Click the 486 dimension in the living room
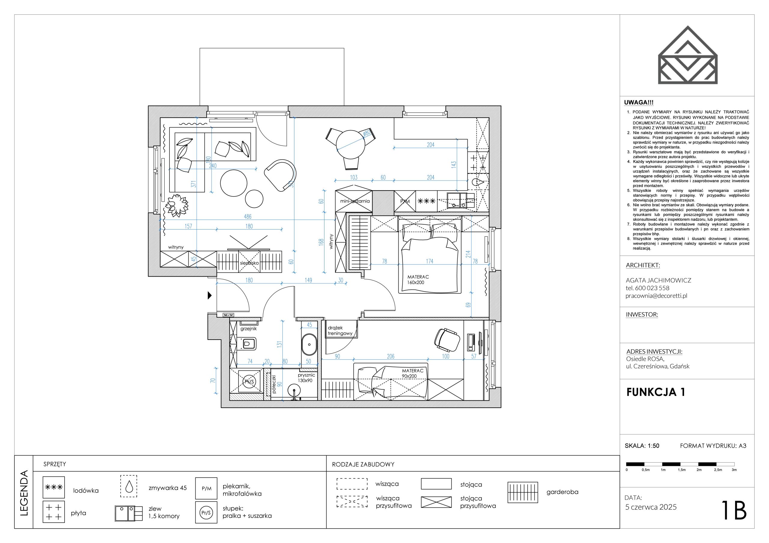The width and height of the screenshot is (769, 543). tap(248, 217)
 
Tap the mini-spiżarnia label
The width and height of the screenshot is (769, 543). tap(355, 201)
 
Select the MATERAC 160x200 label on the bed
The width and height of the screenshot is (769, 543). tap(418, 280)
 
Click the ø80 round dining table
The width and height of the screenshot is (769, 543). tap(351, 145)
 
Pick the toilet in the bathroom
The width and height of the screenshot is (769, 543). tap(248, 343)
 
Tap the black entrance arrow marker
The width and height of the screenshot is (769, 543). tap(210, 295)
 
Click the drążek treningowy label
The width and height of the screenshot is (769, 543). tap(340, 331)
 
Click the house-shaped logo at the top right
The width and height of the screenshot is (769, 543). tap(688, 55)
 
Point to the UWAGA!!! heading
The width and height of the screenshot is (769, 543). tap(639, 103)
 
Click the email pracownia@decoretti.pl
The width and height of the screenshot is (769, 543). tap(656, 296)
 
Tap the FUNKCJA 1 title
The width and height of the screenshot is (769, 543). tap(656, 392)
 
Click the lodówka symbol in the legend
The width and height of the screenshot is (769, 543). tap(53, 487)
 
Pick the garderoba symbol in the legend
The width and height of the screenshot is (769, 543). tap(523, 492)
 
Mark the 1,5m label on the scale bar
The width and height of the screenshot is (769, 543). tap(682, 470)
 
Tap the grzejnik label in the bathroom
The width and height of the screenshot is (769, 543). tap(248, 328)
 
